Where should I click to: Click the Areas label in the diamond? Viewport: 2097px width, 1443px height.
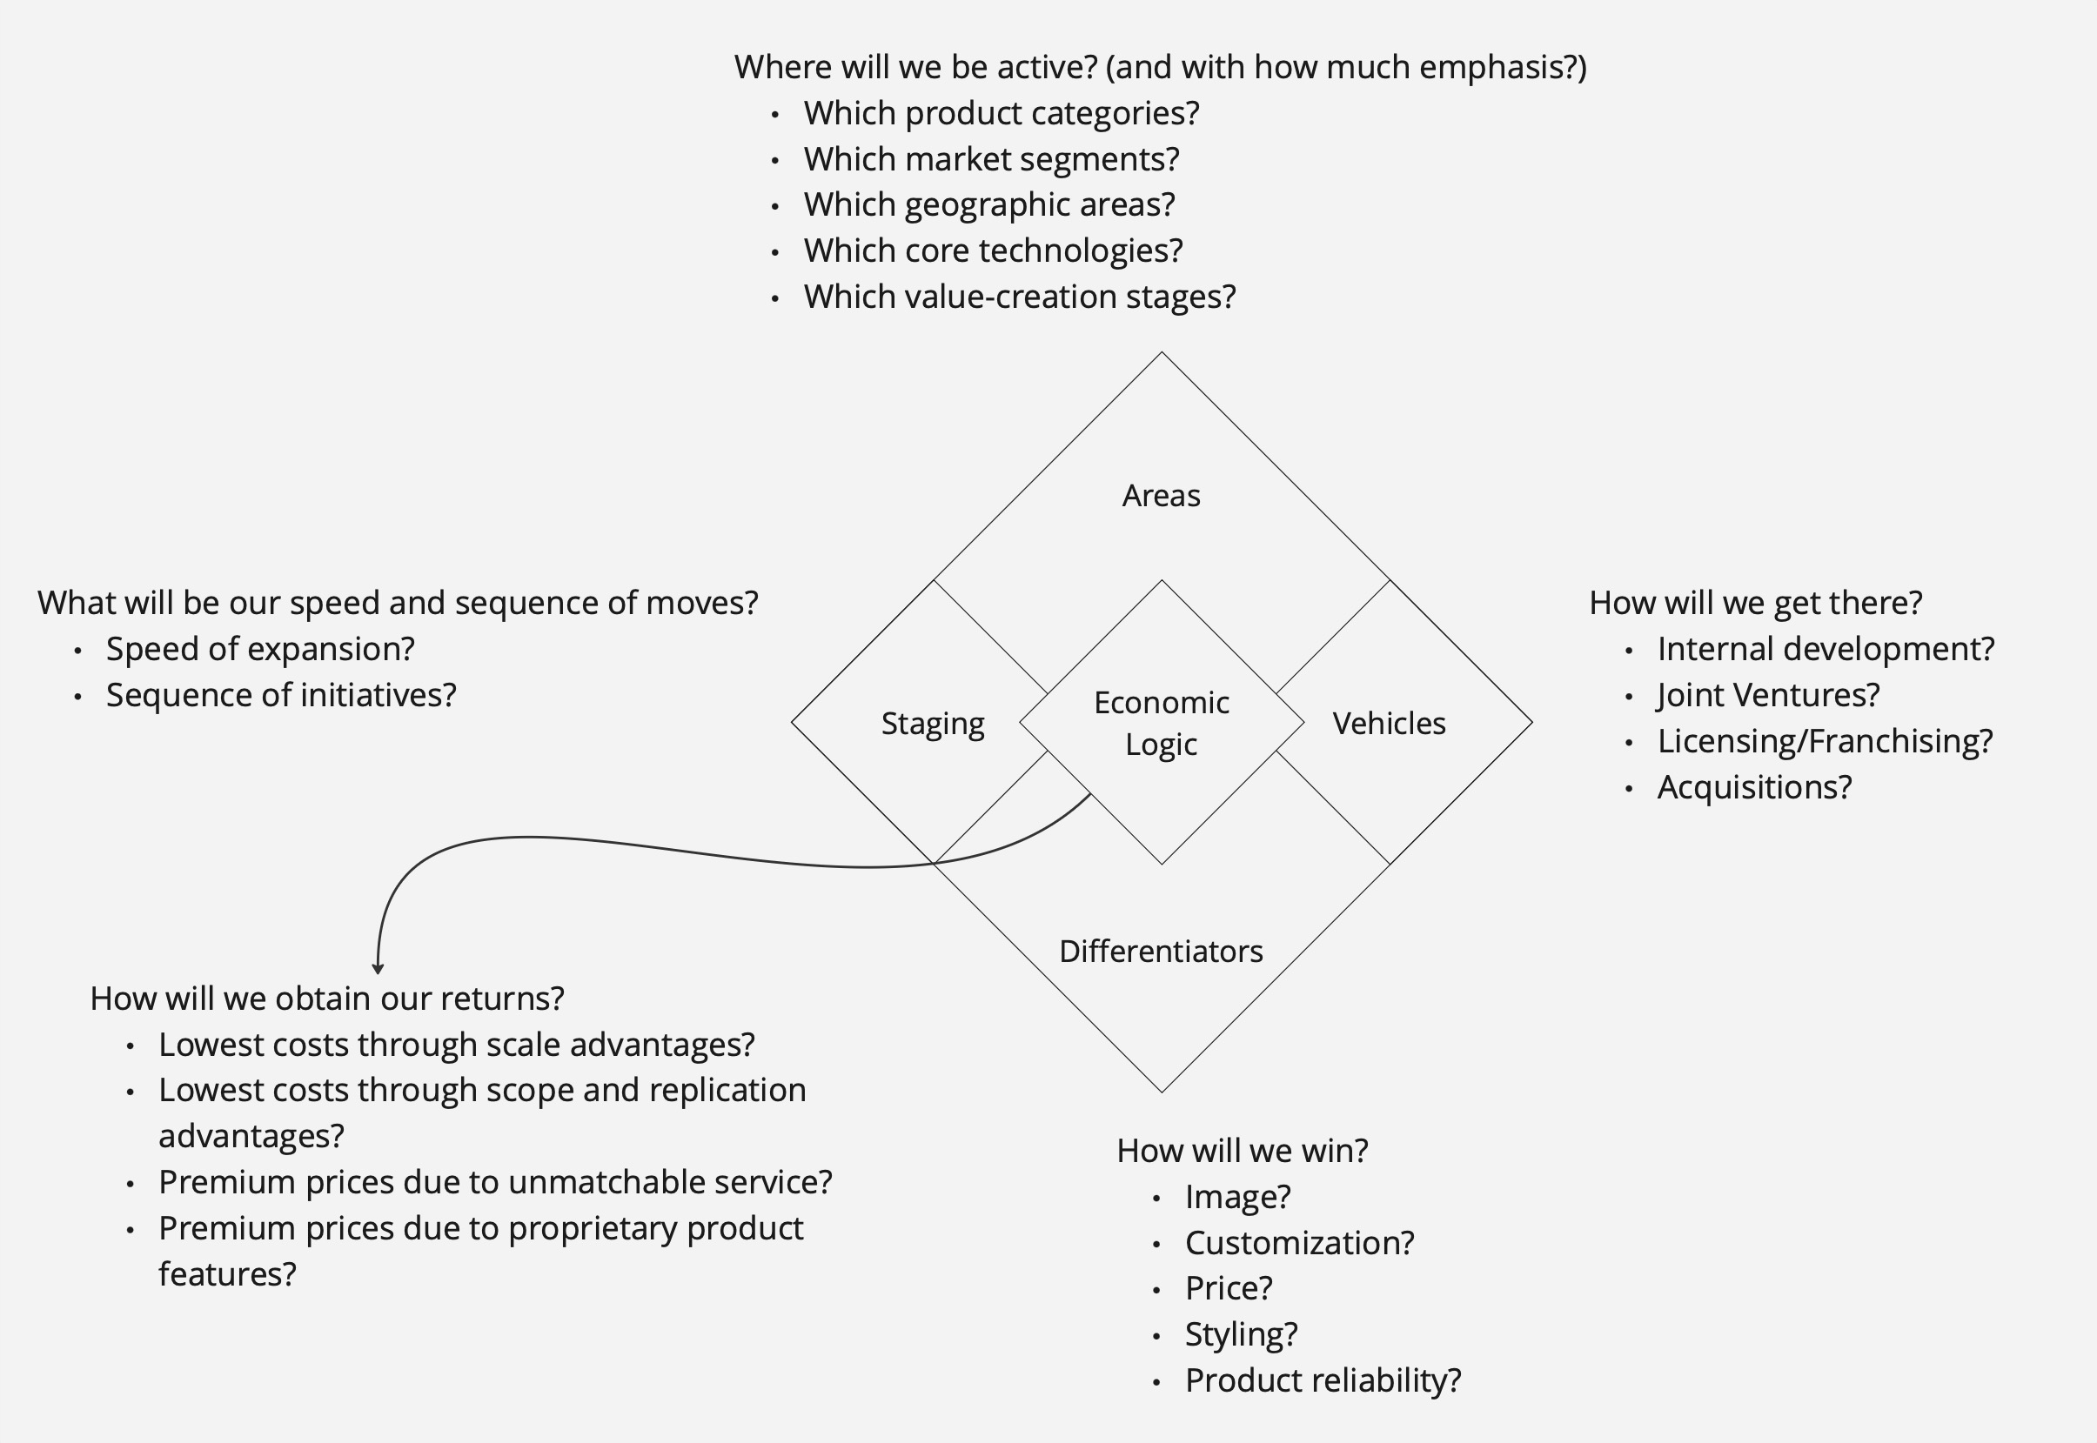pos(1161,496)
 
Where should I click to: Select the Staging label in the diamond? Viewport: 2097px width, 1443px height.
pos(932,724)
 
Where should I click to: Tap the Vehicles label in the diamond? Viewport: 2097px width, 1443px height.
pos(1389,724)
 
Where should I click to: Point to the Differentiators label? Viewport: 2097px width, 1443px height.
pos(1161,952)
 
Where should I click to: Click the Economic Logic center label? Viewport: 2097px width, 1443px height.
pos(1161,723)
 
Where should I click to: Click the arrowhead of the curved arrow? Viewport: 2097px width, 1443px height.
pos(378,968)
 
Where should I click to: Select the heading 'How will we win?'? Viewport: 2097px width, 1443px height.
pos(1243,1150)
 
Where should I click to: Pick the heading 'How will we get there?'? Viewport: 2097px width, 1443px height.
pos(1755,603)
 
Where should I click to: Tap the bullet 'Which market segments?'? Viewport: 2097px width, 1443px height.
pos(991,159)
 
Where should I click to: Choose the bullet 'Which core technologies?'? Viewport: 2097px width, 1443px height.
pos(993,251)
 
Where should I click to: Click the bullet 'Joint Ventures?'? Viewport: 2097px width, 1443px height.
pos(1768,695)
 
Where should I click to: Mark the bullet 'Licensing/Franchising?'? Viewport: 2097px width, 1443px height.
pos(1825,741)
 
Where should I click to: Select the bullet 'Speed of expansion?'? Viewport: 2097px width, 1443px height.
pos(260,649)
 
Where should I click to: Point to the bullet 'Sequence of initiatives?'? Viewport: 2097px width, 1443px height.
pos(281,695)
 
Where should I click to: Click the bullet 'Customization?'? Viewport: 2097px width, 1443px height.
pos(1299,1242)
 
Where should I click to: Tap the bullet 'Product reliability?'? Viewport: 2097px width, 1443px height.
pos(1323,1380)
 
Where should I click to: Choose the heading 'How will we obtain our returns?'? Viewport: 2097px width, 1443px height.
pos(327,999)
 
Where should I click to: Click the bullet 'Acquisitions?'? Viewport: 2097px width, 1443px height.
pos(1754,787)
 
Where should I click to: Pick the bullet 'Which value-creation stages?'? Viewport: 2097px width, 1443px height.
pos(1019,297)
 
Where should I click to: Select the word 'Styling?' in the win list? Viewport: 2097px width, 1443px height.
pos(1241,1334)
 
